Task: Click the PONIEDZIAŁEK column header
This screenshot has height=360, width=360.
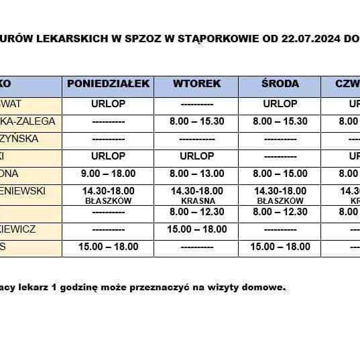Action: [x=108, y=84]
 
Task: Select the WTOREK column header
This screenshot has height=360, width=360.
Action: [x=196, y=84]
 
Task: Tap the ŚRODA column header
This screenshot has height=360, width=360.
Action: [x=280, y=84]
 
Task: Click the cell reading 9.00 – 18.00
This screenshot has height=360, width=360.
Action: [x=108, y=173]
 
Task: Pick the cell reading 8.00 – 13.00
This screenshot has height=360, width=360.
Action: [x=196, y=173]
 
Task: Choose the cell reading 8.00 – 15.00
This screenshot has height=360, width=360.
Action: [x=280, y=173]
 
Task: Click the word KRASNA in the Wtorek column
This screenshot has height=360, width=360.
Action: [x=197, y=200]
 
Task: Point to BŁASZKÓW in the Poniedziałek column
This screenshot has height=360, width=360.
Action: [x=108, y=200]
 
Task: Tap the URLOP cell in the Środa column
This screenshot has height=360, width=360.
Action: [x=280, y=104]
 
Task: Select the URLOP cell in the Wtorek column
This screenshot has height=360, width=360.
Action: [x=196, y=156]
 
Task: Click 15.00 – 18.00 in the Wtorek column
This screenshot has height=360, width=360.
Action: [x=196, y=229]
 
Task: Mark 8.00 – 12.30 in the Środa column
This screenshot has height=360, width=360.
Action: [x=280, y=212]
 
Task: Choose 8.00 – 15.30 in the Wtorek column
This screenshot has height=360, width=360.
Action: [x=196, y=121]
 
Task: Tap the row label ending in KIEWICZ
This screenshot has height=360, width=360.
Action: [x=27, y=229]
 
